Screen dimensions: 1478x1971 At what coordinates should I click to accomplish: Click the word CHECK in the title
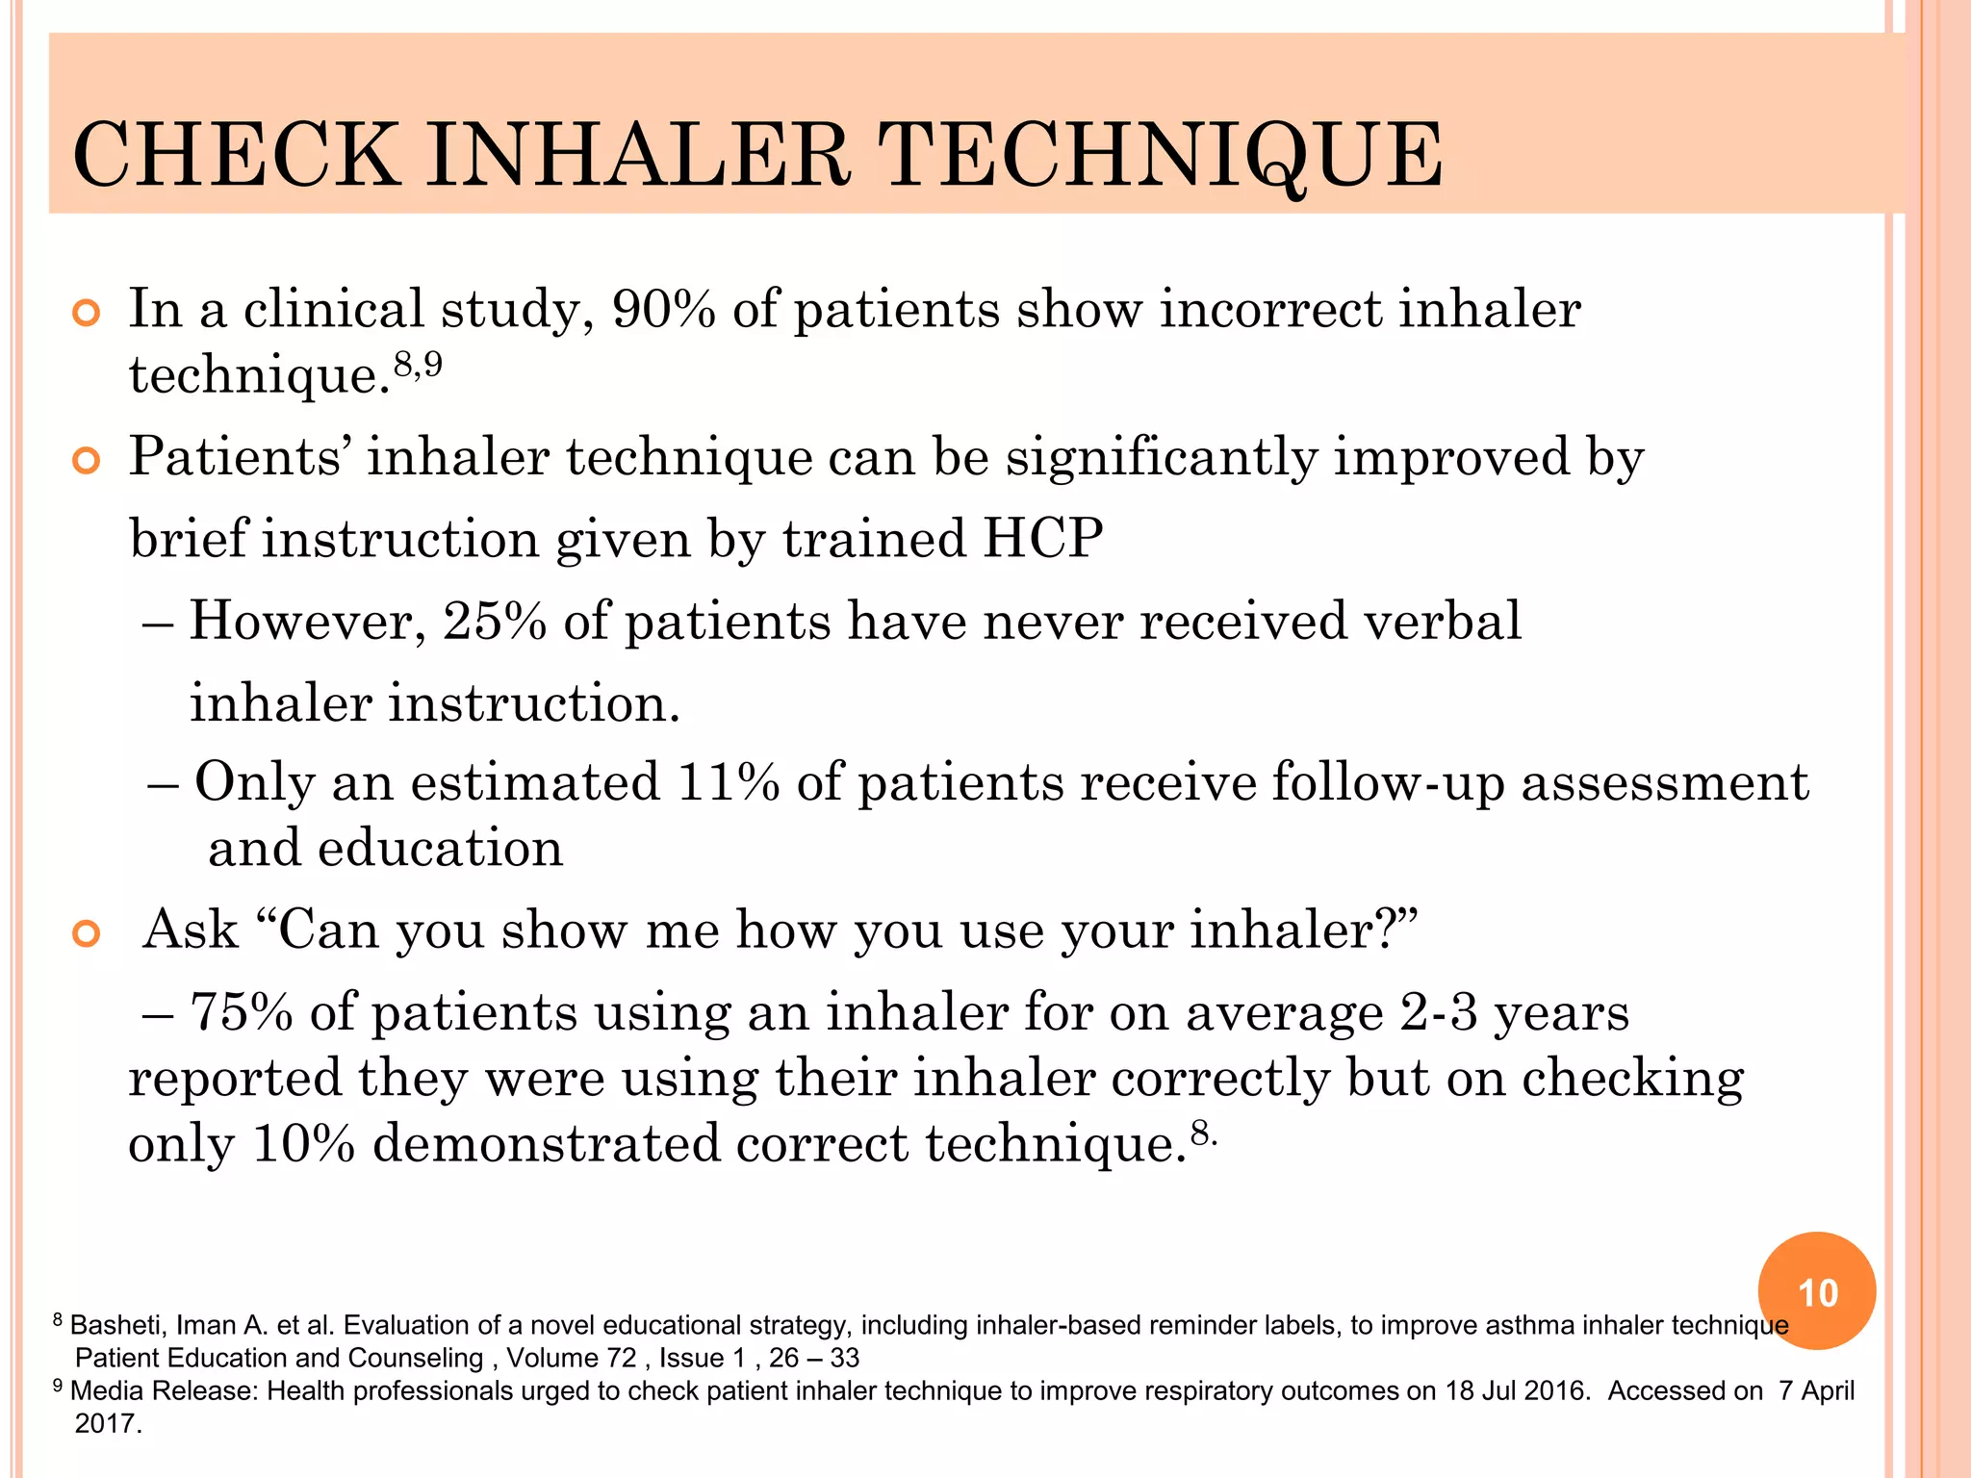coord(236,155)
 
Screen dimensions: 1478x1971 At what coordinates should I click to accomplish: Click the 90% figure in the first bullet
coord(663,310)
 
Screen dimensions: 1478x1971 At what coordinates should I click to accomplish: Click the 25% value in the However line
coord(495,621)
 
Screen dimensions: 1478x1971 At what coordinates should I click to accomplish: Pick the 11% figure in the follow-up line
coord(729,781)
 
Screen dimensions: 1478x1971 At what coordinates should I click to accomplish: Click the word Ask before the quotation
coord(191,930)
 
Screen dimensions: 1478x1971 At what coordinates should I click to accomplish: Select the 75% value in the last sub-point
coord(242,1012)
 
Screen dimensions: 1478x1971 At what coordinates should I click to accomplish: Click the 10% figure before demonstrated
coord(303,1144)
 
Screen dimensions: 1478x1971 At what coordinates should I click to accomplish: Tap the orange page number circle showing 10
coord(1817,1291)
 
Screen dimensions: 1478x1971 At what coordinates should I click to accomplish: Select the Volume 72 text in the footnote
coord(572,1358)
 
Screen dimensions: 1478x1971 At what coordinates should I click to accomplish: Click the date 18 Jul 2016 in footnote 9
coord(1518,1390)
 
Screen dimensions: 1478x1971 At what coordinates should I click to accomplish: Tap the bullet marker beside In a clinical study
coord(87,313)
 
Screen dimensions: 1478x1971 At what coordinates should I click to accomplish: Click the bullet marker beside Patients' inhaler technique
coord(87,461)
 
